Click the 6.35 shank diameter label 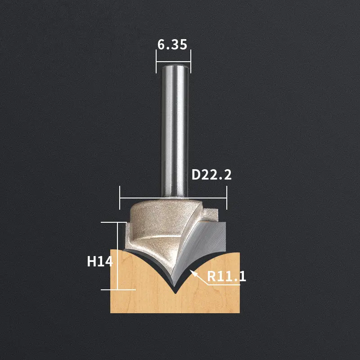172,44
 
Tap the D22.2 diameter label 211,175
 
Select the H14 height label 100,261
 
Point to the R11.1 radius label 226,276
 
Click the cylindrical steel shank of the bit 175,131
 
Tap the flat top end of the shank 175,67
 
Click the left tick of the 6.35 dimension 156,62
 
